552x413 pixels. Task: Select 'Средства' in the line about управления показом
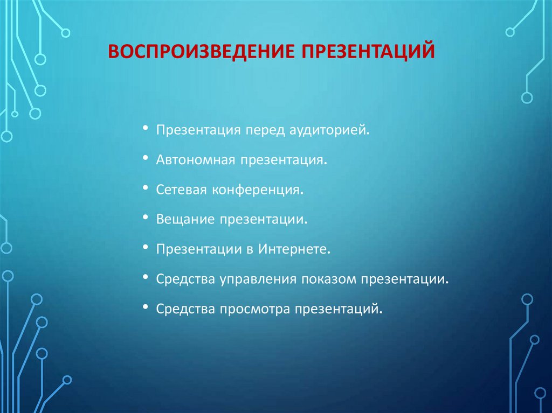point(185,279)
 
